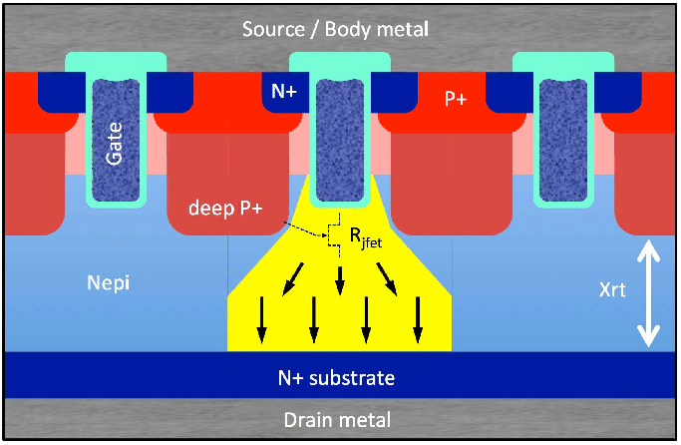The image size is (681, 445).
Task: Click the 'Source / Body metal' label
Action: click(336, 28)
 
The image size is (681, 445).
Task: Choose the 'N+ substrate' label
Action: click(336, 378)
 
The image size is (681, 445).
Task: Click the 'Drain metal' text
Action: click(336, 420)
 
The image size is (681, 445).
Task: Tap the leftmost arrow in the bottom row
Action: click(263, 319)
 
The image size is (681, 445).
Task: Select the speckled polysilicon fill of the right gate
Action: click(559, 140)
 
